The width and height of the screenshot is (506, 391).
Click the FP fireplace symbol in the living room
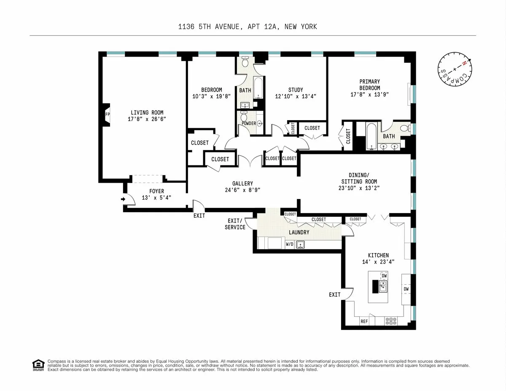pyautogui.click(x=107, y=114)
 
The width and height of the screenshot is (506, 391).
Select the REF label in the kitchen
pyautogui.click(x=364, y=321)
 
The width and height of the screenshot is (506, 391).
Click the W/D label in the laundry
pyautogui.click(x=290, y=244)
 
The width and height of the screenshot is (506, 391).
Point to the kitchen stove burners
pyautogui.click(x=391, y=321)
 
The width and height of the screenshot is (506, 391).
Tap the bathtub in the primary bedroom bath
pyautogui.click(x=371, y=135)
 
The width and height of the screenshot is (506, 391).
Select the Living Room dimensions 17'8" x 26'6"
pyautogui.click(x=147, y=119)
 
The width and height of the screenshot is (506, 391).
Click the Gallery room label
pyautogui.click(x=242, y=183)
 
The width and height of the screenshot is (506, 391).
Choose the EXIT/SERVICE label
pyautogui.click(x=235, y=224)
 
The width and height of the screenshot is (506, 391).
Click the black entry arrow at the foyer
pyautogui.click(x=123, y=199)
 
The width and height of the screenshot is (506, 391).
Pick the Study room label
pyautogui.click(x=295, y=90)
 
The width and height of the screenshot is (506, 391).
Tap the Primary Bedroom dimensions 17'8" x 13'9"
pyautogui.click(x=369, y=94)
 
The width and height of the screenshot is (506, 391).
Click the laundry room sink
pyautogui.click(x=300, y=244)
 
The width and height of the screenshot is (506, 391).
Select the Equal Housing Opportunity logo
pyautogui.click(x=38, y=365)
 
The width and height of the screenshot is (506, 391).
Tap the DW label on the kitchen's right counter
pyautogui.click(x=406, y=289)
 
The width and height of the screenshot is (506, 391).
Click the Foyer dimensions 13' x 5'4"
pyautogui.click(x=156, y=197)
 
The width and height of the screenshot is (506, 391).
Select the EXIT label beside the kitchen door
pyautogui.click(x=334, y=294)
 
